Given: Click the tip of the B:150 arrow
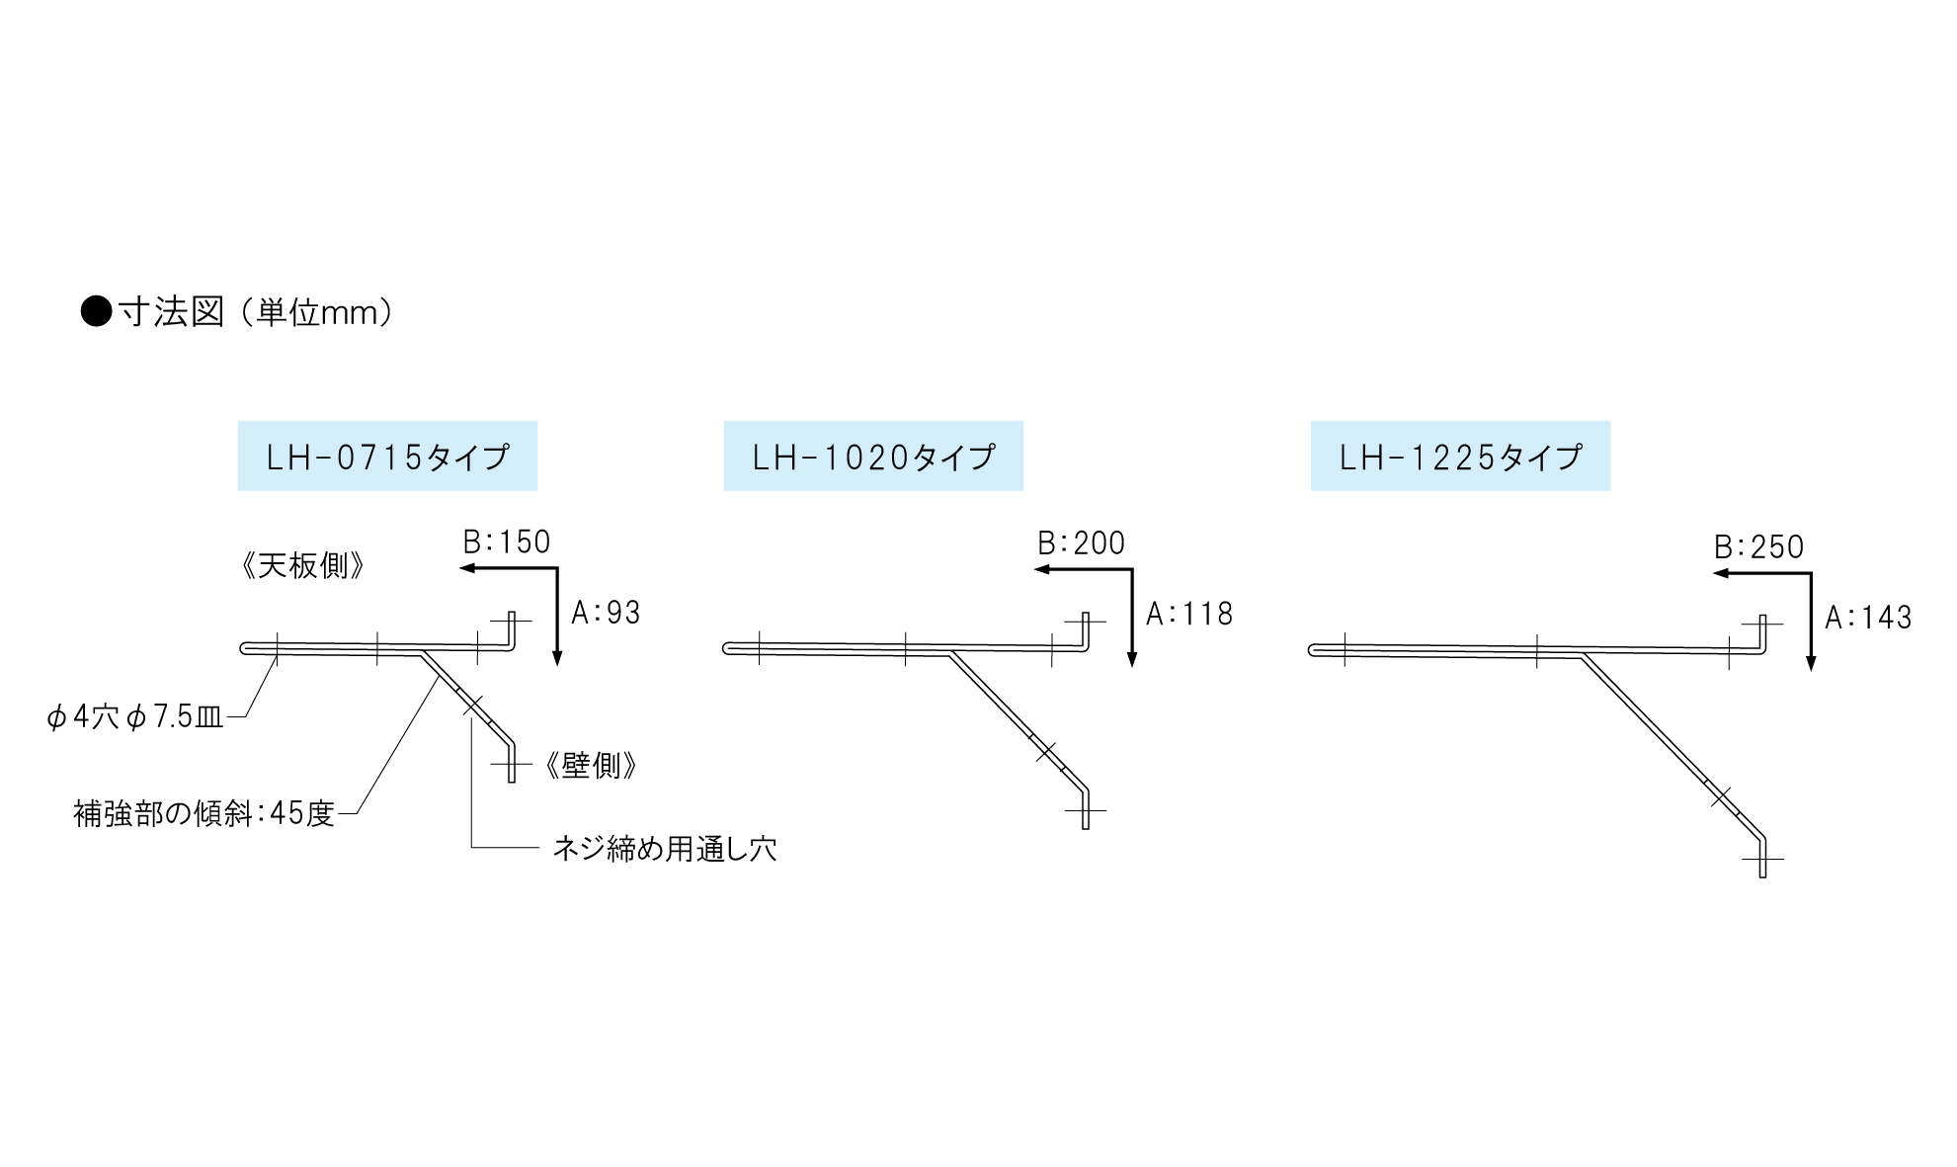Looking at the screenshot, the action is coord(460,568).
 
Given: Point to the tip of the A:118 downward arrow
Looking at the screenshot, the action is coord(1132,667).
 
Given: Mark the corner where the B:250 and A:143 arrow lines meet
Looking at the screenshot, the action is coord(1811,573).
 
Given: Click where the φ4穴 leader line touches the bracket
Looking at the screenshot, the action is coord(277,655).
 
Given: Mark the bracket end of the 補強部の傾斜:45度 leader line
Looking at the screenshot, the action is coord(439,675).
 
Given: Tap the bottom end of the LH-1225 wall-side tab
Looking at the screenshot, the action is coord(1762,876).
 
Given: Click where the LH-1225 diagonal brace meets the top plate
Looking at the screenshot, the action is coord(1582,654).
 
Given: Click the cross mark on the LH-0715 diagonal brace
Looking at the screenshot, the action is coord(473,706).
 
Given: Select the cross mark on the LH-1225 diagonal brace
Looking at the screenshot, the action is coord(1721,795).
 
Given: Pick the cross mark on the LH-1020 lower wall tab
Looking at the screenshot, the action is coord(1085,810).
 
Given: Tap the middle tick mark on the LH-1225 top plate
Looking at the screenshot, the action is coord(1537,650).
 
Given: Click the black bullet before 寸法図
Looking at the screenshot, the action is coord(96,311).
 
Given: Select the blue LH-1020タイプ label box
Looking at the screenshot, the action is coord(873,456).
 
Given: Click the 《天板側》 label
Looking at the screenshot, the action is coord(303,566).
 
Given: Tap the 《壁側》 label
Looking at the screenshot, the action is coord(591,766).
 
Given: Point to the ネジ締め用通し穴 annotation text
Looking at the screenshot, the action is coord(665,848).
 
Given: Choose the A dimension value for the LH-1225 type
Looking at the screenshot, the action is coord(1869,618).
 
